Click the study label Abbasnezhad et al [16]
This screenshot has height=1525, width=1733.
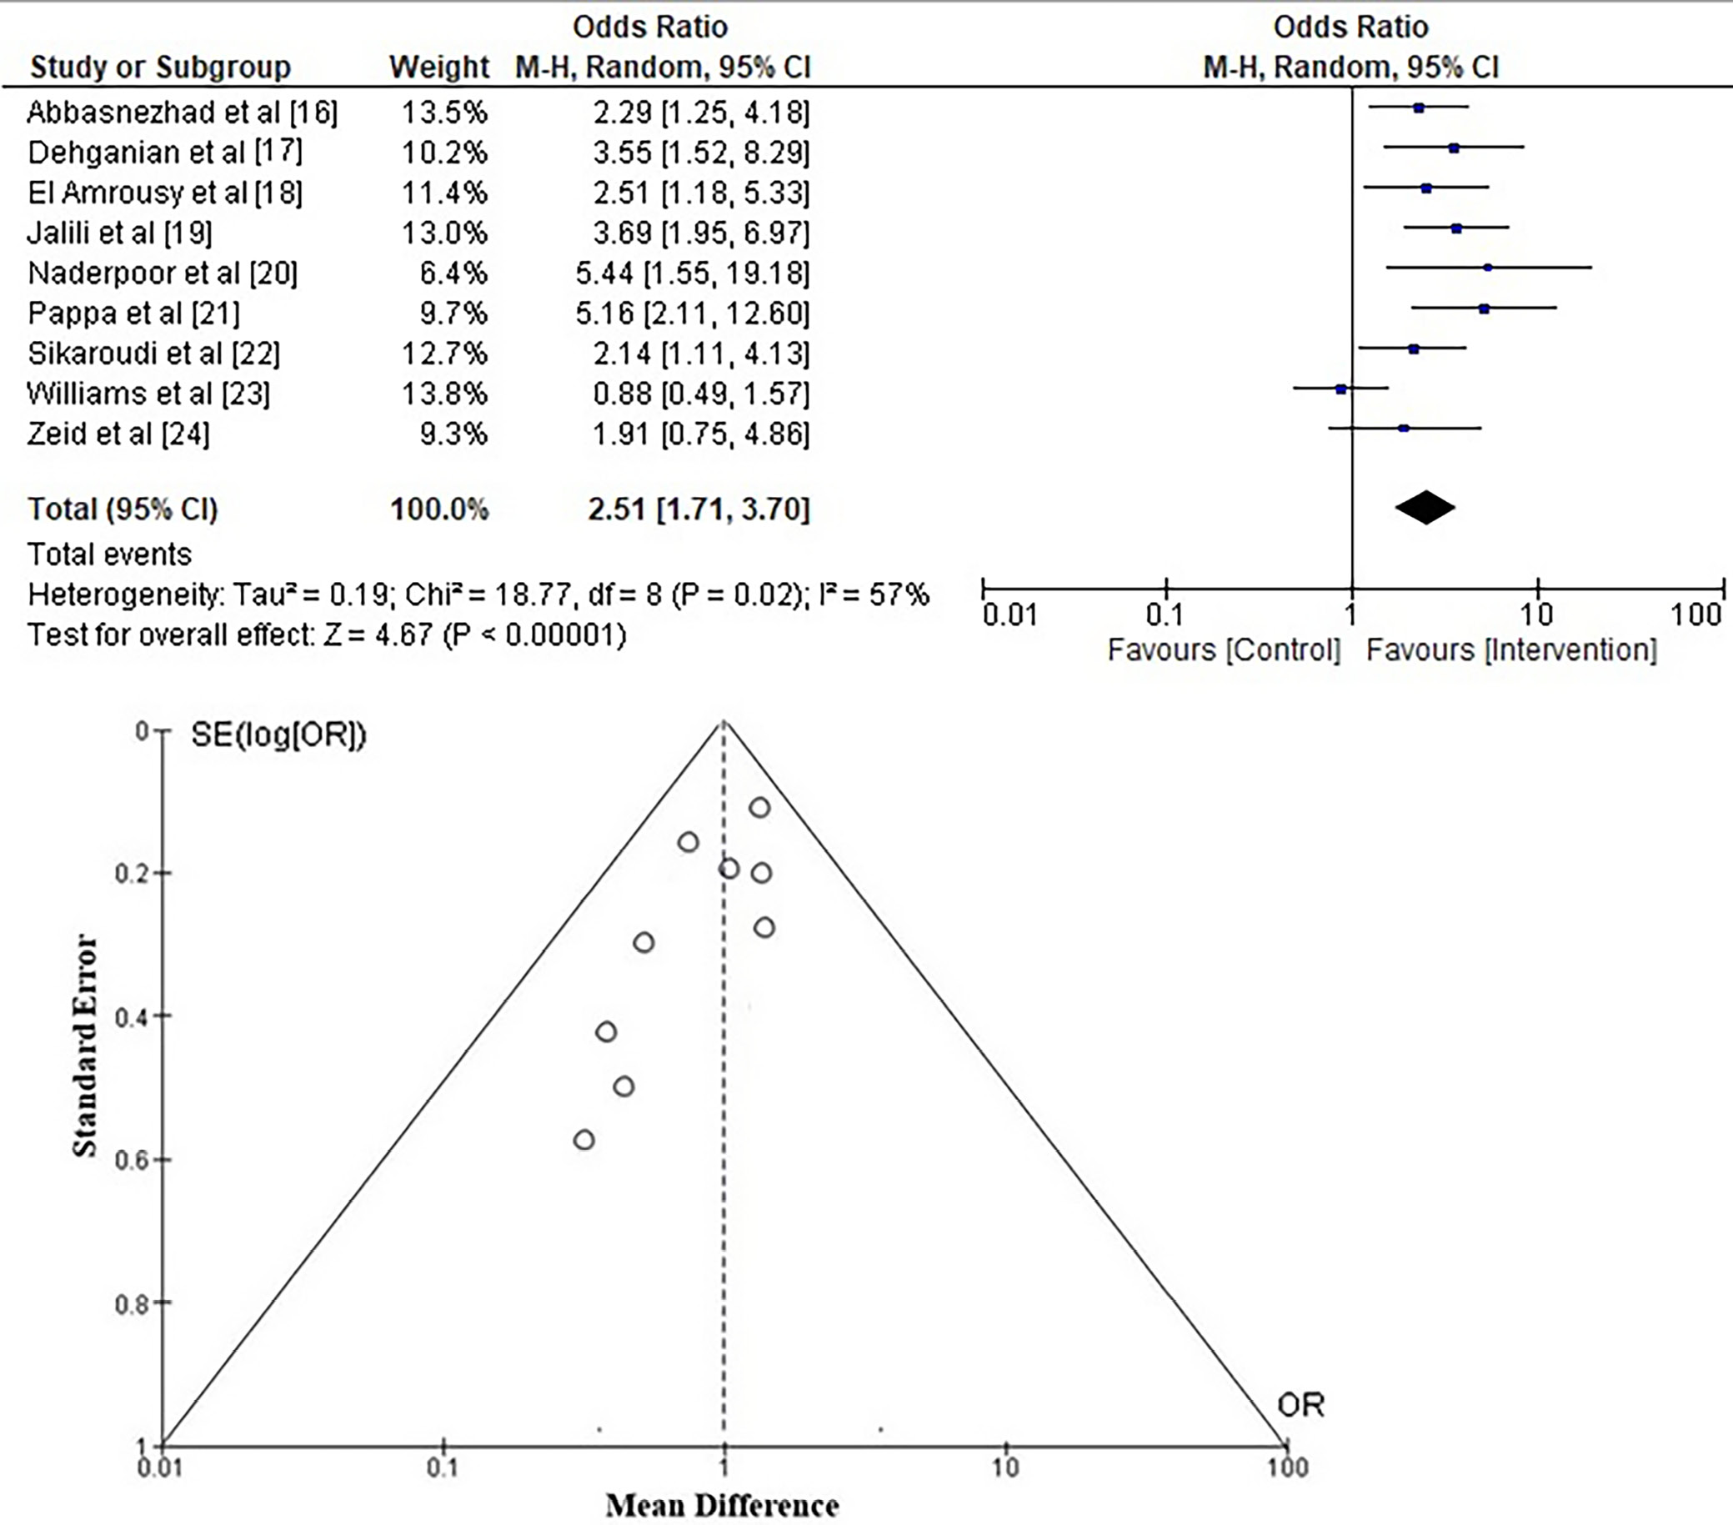(x=183, y=112)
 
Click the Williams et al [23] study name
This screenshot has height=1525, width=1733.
(x=148, y=394)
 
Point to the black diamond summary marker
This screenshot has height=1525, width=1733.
(x=1425, y=508)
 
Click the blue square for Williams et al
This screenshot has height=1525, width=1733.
(x=1340, y=389)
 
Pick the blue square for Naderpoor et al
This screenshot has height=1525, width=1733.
(x=1487, y=268)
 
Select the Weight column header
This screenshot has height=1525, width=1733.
(x=439, y=67)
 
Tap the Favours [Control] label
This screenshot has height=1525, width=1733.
(x=1224, y=650)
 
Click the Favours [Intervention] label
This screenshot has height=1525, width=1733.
(x=1511, y=650)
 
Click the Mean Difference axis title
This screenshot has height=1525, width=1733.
(x=723, y=1506)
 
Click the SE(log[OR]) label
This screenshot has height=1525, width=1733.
(x=278, y=735)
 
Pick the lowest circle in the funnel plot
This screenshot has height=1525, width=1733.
(x=584, y=1140)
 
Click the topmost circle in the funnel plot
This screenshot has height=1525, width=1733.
(x=759, y=807)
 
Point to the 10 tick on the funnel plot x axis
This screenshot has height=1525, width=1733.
(x=1005, y=1467)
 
